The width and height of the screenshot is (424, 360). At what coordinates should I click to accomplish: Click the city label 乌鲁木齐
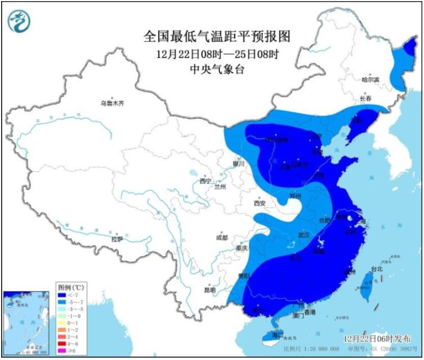(x=111, y=103)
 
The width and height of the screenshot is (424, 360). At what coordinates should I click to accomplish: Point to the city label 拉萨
(x=117, y=239)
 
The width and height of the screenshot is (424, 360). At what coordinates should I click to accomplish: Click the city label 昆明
(x=209, y=290)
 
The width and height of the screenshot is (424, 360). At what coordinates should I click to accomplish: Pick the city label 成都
(x=221, y=237)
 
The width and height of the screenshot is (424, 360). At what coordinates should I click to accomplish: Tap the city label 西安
(x=259, y=203)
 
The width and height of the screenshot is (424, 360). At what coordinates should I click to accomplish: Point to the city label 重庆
(x=242, y=248)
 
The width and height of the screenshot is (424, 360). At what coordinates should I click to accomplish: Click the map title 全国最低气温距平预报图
(x=217, y=37)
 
